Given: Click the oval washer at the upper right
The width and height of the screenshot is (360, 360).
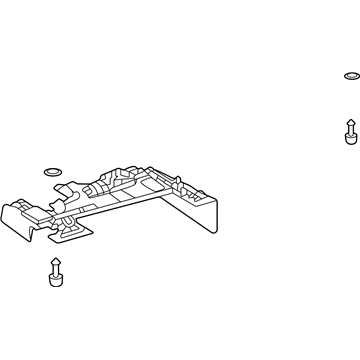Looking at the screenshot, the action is pos(349,76).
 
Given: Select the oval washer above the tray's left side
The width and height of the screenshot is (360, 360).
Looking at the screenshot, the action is pos(52,170).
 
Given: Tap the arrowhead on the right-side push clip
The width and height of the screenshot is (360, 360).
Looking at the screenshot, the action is pos(349,125).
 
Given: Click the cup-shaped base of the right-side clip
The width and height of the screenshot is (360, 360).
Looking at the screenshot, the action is pos(349,142).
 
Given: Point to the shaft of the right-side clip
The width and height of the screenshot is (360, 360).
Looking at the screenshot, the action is pos(349,133).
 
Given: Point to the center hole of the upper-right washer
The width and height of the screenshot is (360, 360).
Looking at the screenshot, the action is pos(349,76).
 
